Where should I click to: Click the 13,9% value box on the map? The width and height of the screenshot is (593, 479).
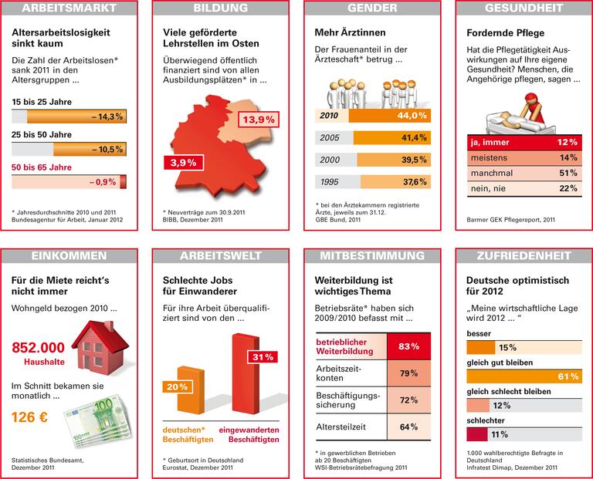pyautogui.click(x=259, y=120)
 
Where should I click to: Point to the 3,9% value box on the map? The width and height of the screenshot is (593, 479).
pyautogui.click(x=183, y=163)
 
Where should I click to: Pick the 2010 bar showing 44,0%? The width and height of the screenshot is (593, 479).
pyautogui.click(x=390, y=116)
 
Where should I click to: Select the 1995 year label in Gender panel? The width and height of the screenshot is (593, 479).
pyautogui.click(x=330, y=182)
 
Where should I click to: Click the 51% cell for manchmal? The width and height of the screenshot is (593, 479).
pyautogui.click(x=568, y=174)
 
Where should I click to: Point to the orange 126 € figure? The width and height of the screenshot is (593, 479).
pyautogui.click(x=31, y=417)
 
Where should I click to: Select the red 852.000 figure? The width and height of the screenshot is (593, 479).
pyautogui.click(x=39, y=346)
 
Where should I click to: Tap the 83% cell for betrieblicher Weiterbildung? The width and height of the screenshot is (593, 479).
pyautogui.click(x=408, y=346)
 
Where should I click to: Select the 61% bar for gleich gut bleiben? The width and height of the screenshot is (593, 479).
pyautogui.click(x=523, y=376)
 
